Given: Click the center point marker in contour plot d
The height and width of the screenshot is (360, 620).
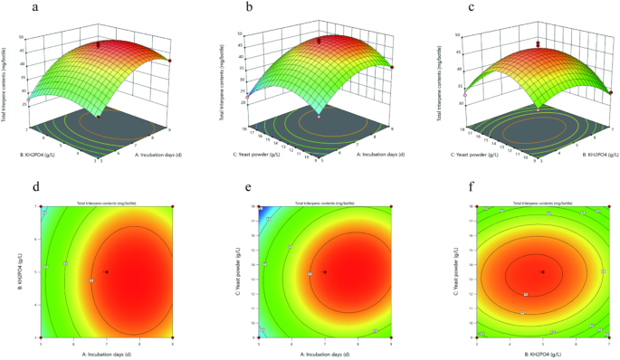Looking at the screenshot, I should [107, 271].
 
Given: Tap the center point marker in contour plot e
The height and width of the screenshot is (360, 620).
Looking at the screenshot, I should [324, 271].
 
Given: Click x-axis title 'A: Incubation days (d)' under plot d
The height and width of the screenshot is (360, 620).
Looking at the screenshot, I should [107, 353].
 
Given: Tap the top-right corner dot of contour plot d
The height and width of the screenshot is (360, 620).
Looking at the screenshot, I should [172, 207].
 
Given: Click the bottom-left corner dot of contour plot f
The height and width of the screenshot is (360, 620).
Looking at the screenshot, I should [477, 336].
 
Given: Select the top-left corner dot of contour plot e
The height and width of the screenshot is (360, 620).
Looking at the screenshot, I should [259, 207].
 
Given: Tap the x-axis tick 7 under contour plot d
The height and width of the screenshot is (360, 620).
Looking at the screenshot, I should [107, 343].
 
